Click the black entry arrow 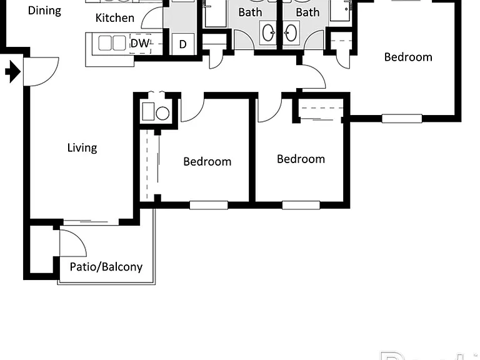(x=13, y=72)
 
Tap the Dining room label (x=45, y=11)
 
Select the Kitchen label (x=115, y=18)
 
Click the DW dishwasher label (x=140, y=43)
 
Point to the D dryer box (x=182, y=44)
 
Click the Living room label (x=82, y=148)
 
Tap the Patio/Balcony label (x=106, y=267)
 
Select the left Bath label (x=250, y=12)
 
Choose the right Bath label (x=307, y=12)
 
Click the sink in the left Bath (x=269, y=32)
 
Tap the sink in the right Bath (x=291, y=32)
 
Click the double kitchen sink (x=112, y=43)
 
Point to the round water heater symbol (x=162, y=113)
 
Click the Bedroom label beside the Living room (x=207, y=162)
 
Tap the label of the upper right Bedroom (x=408, y=57)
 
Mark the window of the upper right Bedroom (x=402, y=119)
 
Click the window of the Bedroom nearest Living (x=209, y=205)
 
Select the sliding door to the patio (x=91, y=222)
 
